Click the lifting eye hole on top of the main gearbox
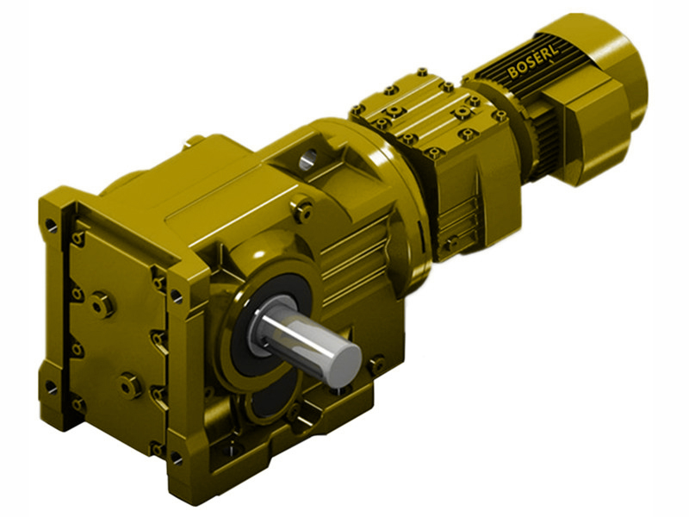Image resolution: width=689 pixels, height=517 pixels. pos(309,158)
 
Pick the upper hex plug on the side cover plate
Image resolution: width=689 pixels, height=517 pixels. pos(102,302)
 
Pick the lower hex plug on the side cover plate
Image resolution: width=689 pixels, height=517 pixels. pos(130,384)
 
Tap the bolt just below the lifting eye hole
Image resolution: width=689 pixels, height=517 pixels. pos(302,206)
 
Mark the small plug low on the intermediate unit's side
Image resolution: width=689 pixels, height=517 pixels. pos(450,245)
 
